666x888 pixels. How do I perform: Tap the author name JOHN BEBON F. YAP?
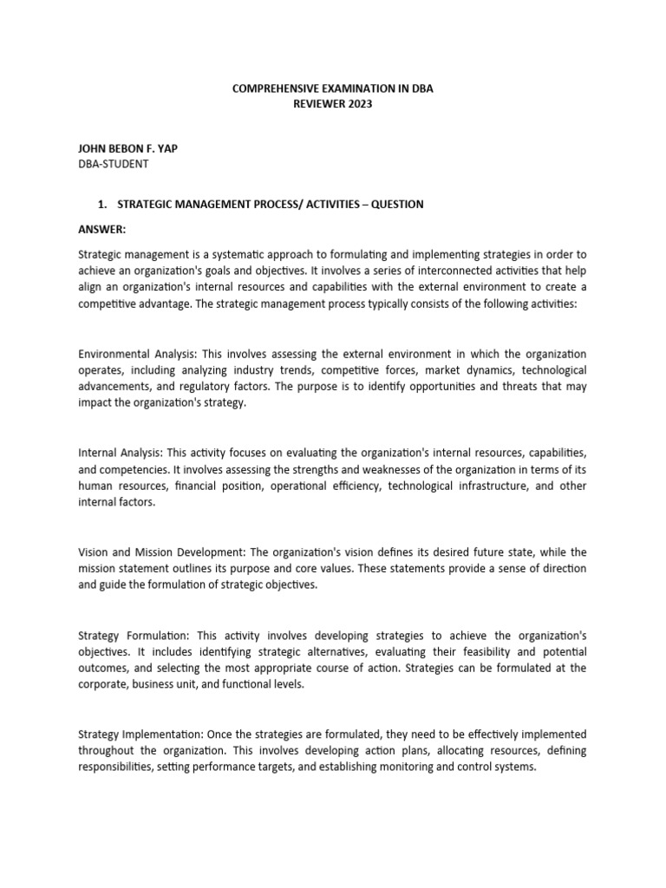tap(128, 148)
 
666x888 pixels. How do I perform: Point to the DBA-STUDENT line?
tap(114, 163)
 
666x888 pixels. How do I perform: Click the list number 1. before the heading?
tap(101, 204)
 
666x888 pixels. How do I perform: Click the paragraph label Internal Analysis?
tap(121, 454)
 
